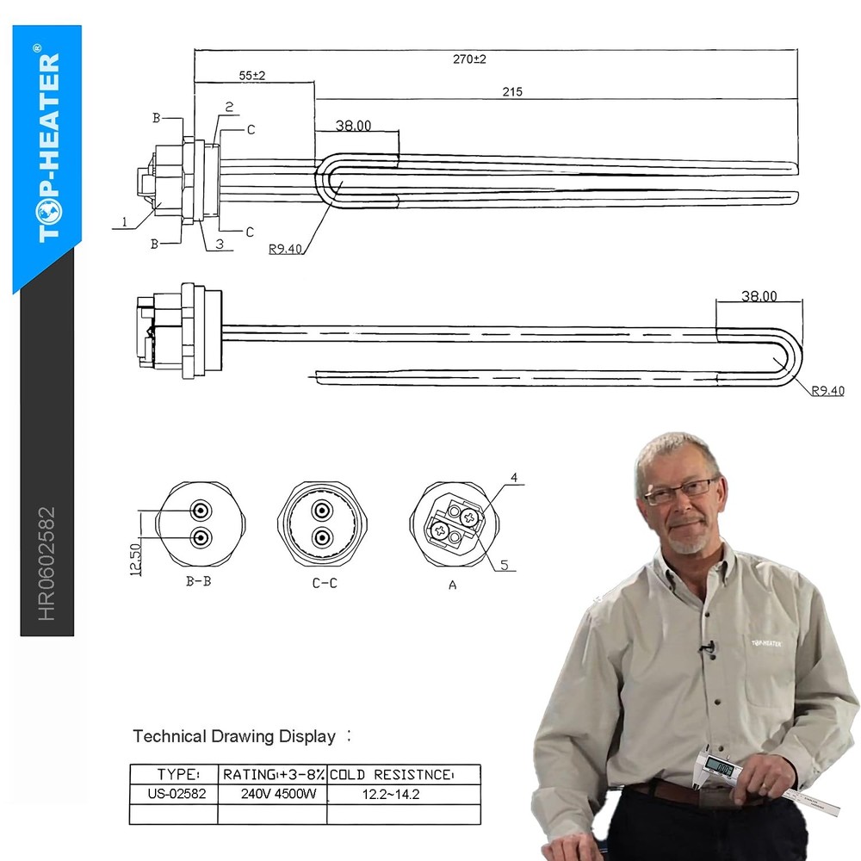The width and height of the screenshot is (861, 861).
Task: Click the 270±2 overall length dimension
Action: (x=469, y=59)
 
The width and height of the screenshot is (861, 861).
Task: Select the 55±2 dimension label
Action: (x=252, y=76)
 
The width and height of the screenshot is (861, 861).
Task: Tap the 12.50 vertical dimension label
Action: (x=135, y=560)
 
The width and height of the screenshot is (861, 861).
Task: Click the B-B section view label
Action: (x=198, y=581)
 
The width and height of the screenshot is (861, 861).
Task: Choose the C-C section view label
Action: (x=324, y=583)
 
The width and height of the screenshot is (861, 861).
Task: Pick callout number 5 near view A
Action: (x=505, y=566)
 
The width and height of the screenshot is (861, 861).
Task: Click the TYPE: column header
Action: (x=178, y=774)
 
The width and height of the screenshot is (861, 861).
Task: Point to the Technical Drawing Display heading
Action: (x=234, y=737)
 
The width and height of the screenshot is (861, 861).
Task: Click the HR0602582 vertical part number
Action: (x=46, y=563)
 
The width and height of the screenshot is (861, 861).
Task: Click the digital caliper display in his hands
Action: (x=720, y=765)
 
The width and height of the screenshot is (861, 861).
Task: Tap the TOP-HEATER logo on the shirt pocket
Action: (x=766, y=642)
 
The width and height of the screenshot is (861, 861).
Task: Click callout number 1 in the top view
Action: (x=124, y=222)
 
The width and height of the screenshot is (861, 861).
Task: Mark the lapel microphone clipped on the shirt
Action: (x=708, y=646)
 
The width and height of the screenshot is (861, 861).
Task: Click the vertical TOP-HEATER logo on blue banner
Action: (x=49, y=146)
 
